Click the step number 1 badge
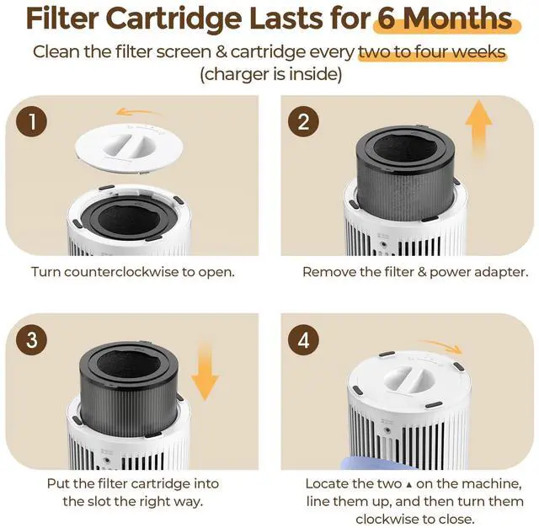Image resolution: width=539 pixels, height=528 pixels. pos(32,121)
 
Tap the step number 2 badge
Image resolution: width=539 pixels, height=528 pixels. pos(303,121)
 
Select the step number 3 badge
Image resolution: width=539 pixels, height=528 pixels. pos(32,339)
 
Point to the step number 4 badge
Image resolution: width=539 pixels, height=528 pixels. pos(303,339)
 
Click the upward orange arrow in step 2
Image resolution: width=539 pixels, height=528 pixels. pos(478,129)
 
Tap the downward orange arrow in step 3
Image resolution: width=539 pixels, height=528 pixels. pos(205,371)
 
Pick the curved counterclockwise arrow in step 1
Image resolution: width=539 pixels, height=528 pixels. pos(137,112)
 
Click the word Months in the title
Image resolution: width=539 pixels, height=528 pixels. pos(457,19)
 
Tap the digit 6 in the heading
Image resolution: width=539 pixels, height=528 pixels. pos(387,19)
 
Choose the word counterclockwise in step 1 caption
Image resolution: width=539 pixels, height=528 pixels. pos(121,272)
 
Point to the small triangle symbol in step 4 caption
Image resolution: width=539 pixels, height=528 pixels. pos(408,485)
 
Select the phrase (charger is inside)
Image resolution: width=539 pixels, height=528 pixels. pos(271,74)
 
